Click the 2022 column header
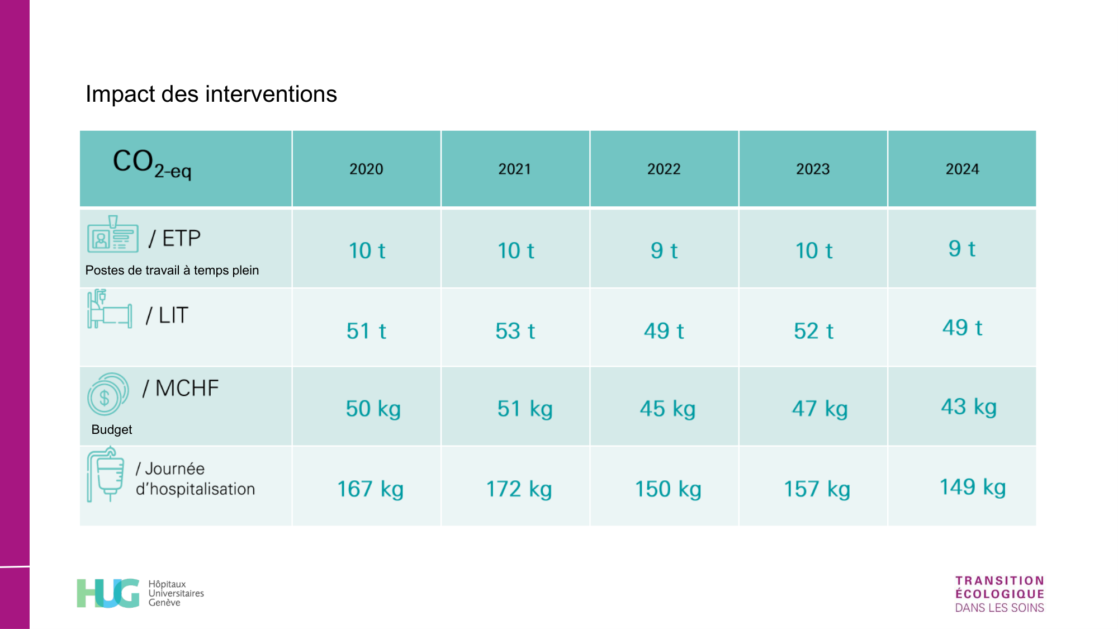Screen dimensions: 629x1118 coord(664,169)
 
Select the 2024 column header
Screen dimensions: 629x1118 coord(962,169)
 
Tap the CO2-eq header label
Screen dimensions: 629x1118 coord(151,163)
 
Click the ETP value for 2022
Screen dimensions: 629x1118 coord(664,250)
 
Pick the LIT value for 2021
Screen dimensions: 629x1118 coord(515,331)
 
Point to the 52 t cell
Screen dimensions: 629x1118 coord(813,331)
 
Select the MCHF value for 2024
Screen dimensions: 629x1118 coord(968,407)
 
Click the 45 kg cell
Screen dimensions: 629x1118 coord(667,409)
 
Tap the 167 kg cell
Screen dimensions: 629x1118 coord(370,489)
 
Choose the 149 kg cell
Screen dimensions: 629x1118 coord(972,487)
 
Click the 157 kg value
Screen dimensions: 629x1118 coord(817,489)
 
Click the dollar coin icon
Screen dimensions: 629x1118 coord(107,394)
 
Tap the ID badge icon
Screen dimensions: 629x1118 coord(112,235)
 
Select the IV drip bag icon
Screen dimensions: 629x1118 coord(106,474)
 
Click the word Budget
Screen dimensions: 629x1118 coord(112,429)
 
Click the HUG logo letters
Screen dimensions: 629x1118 coord(108,593)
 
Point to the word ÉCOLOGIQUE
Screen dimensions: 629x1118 coord(999,594)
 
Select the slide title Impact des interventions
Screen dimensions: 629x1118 coord(211,94)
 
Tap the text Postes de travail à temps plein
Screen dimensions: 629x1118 coord(172,270)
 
